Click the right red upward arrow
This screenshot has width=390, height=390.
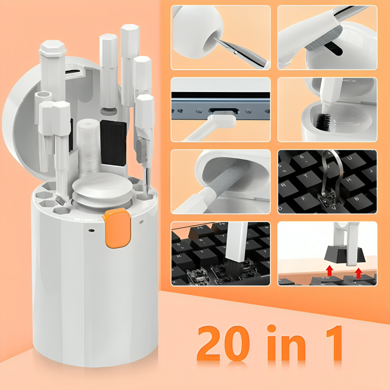click(x=358, y=272)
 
